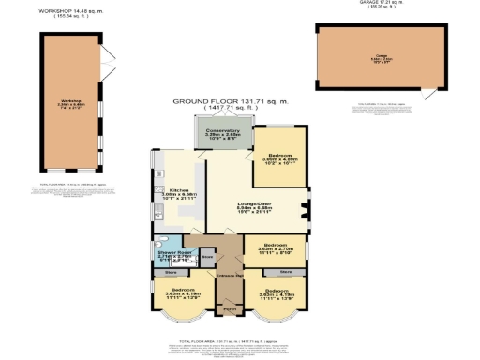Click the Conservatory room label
(x=217, y=129)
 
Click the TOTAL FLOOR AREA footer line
(x=232, y=329)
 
